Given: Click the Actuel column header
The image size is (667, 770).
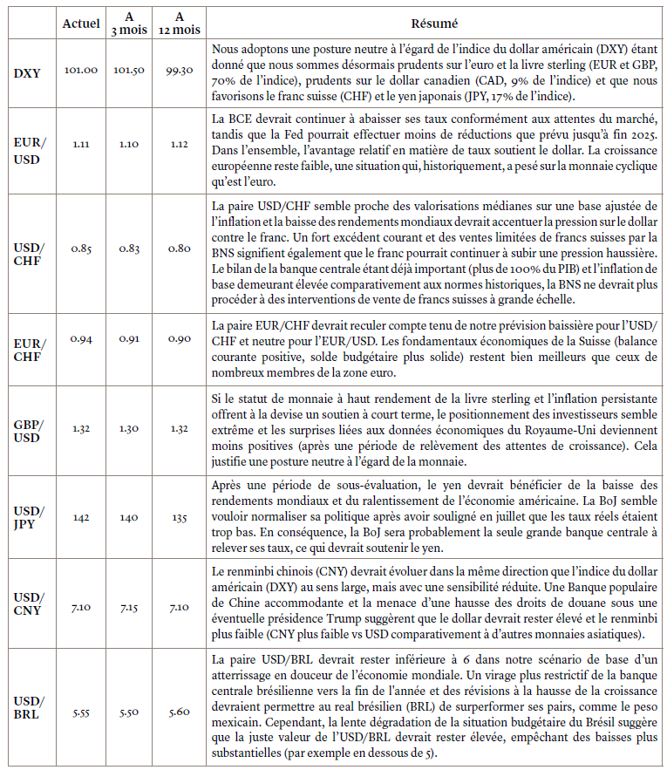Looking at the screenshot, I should click(81, 23).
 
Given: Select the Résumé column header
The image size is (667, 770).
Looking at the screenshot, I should click(433, 23).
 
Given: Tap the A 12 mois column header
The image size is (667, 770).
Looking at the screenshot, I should click(179, 23).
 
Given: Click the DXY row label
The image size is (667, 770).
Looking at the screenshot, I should click(28, 72).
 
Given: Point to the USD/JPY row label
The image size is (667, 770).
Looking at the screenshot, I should click(28, 517).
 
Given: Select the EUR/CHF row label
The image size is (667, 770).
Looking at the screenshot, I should click(28, 349).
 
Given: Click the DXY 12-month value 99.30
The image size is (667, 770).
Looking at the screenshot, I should click(179, 70).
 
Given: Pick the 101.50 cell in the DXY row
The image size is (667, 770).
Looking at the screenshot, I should click(130, 70).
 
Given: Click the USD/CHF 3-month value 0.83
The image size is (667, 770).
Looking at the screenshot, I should click(130, 249).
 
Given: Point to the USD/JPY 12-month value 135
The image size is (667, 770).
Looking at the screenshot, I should click(179, 516).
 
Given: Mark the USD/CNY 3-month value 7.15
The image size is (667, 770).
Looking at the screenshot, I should click(130, 603).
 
